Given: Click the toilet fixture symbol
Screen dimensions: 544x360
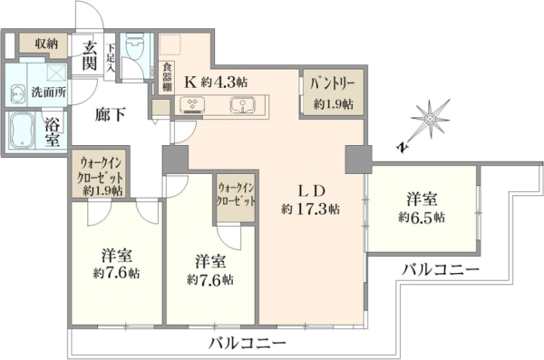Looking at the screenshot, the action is pyautogui.click(x=134, y=46).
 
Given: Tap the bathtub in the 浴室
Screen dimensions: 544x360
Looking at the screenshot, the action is pyautogui.click(x=21, y=131).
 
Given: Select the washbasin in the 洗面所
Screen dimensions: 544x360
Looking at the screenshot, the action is pyautogui.click(x=17, y=93).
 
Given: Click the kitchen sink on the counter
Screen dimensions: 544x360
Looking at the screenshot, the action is pyautogui.click(x=242, y=105).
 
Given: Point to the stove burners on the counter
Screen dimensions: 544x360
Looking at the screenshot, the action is pyautogui.click(x=192, y=105).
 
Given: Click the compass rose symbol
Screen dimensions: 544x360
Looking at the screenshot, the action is pyautogui.click(x=430, y=119).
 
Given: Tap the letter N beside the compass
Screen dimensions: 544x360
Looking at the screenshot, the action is pyautogui.click(x=402, y=147).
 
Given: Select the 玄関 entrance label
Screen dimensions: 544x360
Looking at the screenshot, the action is pyautogui.click(x=89, y=56).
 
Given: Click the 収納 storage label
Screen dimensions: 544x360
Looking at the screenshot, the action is pyautogui.click(x=46, y=44).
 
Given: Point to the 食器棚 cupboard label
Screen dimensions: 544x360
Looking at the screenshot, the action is pyautogui.click(x=167, y=77).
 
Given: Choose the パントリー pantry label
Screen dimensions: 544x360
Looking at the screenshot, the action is pyautogui.click(x=333, y=84).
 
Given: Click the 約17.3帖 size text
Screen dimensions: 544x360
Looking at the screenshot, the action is pyautogui.click(x=310, y=209).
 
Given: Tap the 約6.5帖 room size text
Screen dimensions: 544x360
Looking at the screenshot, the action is pyautogui.click(x=422, y=217).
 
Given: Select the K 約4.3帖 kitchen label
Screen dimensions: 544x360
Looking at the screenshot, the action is pyautogui.click(x=216, y=83).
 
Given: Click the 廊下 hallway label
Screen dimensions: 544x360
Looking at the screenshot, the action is pyautogui.click(x=111, y=115).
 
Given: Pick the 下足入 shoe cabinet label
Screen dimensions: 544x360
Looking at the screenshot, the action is pyautogui.click(x=111, y=58).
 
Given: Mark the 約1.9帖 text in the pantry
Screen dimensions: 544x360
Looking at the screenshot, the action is pyautogui.click(x=334, y=103).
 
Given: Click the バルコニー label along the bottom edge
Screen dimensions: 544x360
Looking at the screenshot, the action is pyautogui.click(x=247, y=344).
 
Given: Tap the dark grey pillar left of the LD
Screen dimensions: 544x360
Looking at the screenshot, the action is pyautogui.click(x=176, y=160).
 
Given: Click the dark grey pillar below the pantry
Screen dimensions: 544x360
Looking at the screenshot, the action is pyautogui.click(x=358, y=160).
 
